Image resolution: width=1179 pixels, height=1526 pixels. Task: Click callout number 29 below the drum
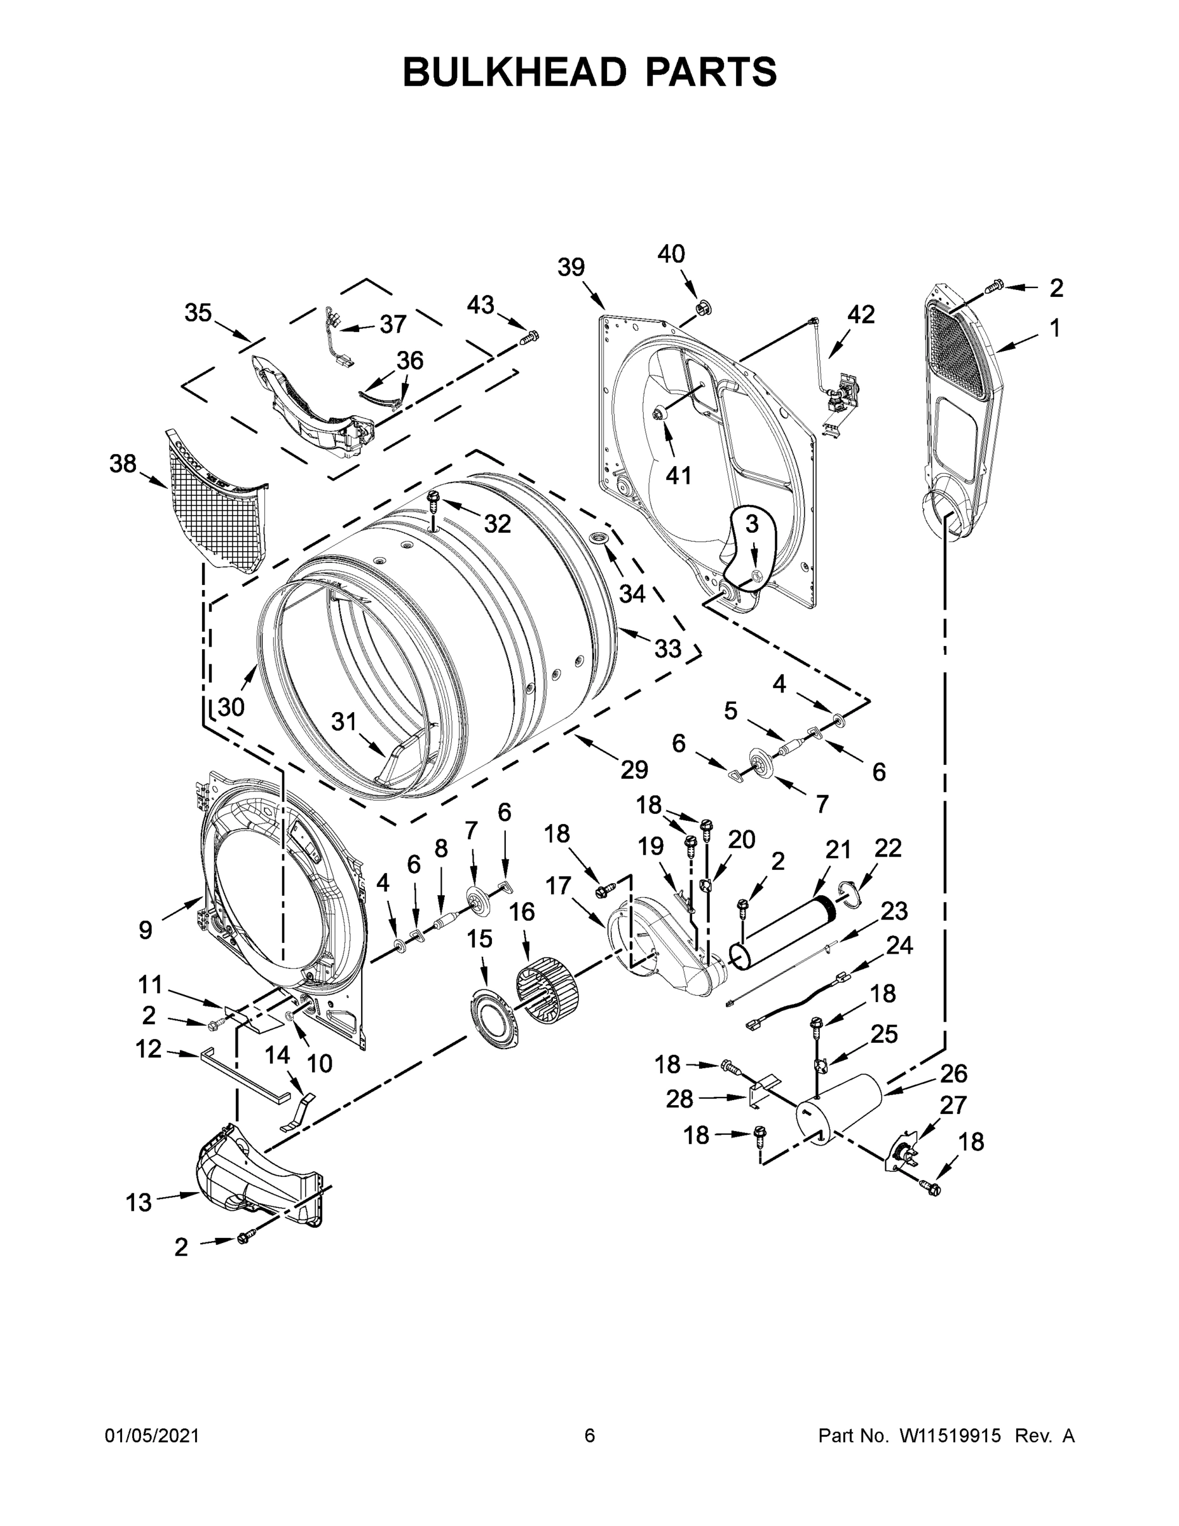(634, 769)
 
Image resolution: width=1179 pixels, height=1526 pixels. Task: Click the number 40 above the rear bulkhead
(671, 254)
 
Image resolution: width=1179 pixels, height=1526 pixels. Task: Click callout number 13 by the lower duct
(139, 1202)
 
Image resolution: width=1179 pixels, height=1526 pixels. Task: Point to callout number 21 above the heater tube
(838, 849)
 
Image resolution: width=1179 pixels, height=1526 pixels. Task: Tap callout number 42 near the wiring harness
(861, 315)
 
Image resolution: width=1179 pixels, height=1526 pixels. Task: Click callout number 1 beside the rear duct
(1054, 327)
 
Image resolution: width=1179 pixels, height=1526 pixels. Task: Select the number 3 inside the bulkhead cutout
(751, 524)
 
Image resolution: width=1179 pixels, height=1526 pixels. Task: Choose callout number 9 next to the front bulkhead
(146, 930)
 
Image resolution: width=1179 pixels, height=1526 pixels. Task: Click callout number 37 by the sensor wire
(393, 324)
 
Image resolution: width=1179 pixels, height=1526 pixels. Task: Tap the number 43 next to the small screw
(480, 305)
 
